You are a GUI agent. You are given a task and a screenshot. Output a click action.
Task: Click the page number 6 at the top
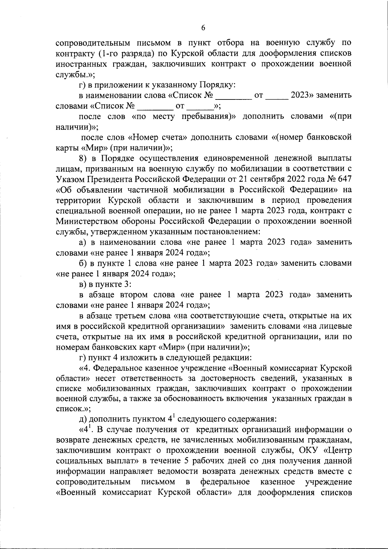point(203,28)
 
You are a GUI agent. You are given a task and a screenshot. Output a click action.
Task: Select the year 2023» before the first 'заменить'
point(302,95)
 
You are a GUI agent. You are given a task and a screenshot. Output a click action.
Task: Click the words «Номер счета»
point(158,138)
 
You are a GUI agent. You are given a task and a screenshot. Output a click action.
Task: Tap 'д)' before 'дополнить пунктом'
point(83,419)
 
